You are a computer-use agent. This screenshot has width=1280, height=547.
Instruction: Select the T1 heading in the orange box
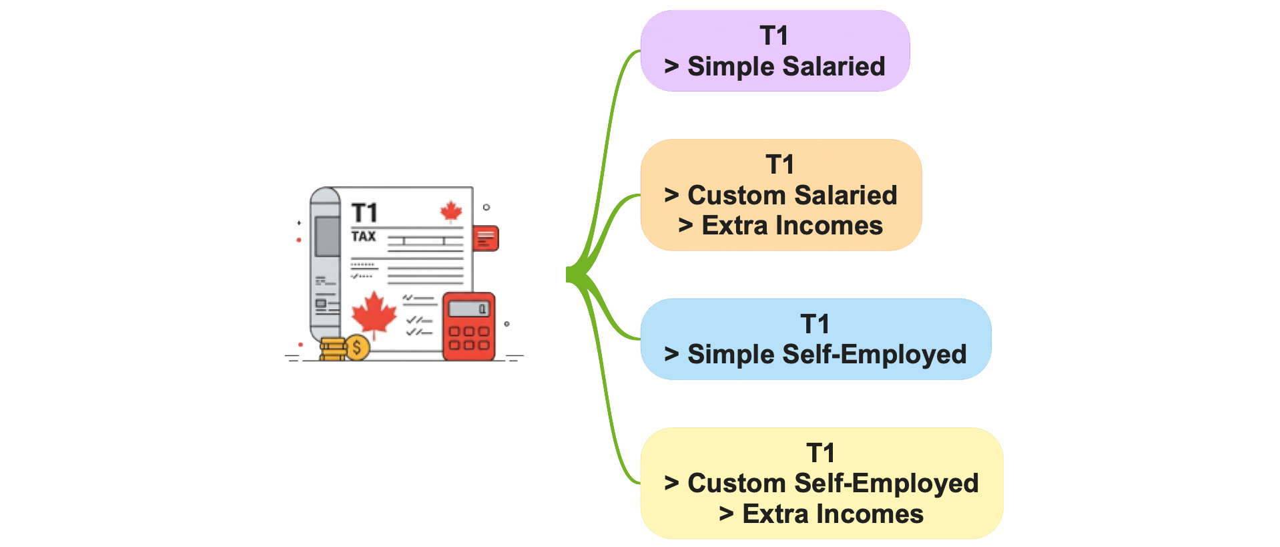coord(779,164)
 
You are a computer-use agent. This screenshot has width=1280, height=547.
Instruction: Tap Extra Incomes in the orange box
coord(792,226)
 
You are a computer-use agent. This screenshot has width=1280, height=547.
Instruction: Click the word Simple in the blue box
coord(730,355)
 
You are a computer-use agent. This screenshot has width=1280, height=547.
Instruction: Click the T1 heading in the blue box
coord(815,324)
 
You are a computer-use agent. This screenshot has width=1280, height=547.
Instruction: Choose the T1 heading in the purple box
coord(774,35)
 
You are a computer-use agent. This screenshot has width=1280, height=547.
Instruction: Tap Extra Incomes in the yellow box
coord(833,514)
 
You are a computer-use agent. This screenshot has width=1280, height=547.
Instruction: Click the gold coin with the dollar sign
coord(357,347)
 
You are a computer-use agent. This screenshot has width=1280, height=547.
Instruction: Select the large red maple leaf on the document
coord(374,315)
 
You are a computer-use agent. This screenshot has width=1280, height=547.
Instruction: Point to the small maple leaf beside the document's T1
coord(451,212)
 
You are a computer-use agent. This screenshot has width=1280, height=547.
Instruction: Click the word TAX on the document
coord(364,236)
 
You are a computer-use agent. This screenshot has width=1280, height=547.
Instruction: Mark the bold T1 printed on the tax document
coord(364,213)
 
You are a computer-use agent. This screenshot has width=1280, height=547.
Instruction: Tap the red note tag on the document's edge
coord(486,238)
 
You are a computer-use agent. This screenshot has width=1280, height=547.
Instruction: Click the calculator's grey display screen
coord(468,309)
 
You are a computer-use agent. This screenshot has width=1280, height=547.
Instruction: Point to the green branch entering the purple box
coord(614,100)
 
